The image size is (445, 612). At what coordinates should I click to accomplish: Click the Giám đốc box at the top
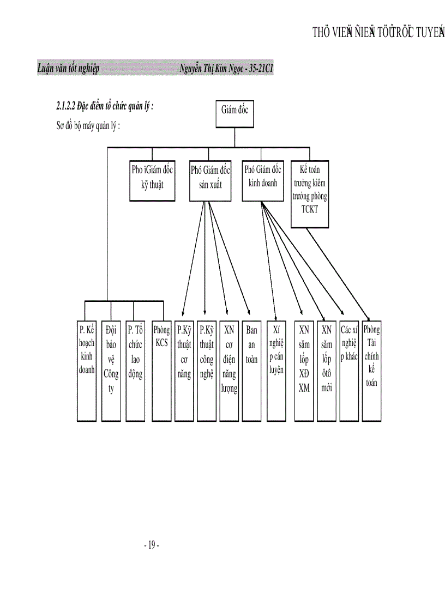234,114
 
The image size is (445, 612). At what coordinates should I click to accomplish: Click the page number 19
152,544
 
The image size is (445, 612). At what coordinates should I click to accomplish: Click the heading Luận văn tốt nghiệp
68,69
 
